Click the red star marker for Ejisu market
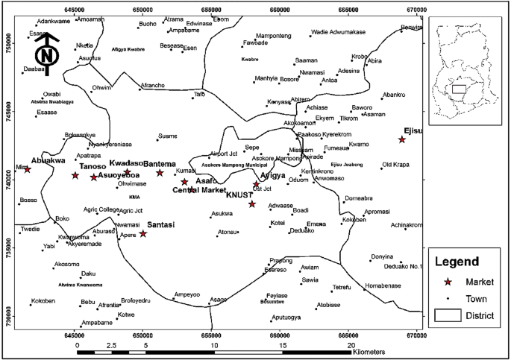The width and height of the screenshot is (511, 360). [x=402, y=139]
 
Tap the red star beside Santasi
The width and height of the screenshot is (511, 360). [x=143, y=233]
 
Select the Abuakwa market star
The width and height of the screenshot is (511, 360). [x=28, y=169]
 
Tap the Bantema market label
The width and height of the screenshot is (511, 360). [x=159, y=163]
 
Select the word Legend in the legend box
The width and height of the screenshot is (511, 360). [x=463, y=262]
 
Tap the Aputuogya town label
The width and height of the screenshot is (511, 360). [x=286, y=318]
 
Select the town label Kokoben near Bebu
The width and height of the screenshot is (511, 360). [x=43, y=302]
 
